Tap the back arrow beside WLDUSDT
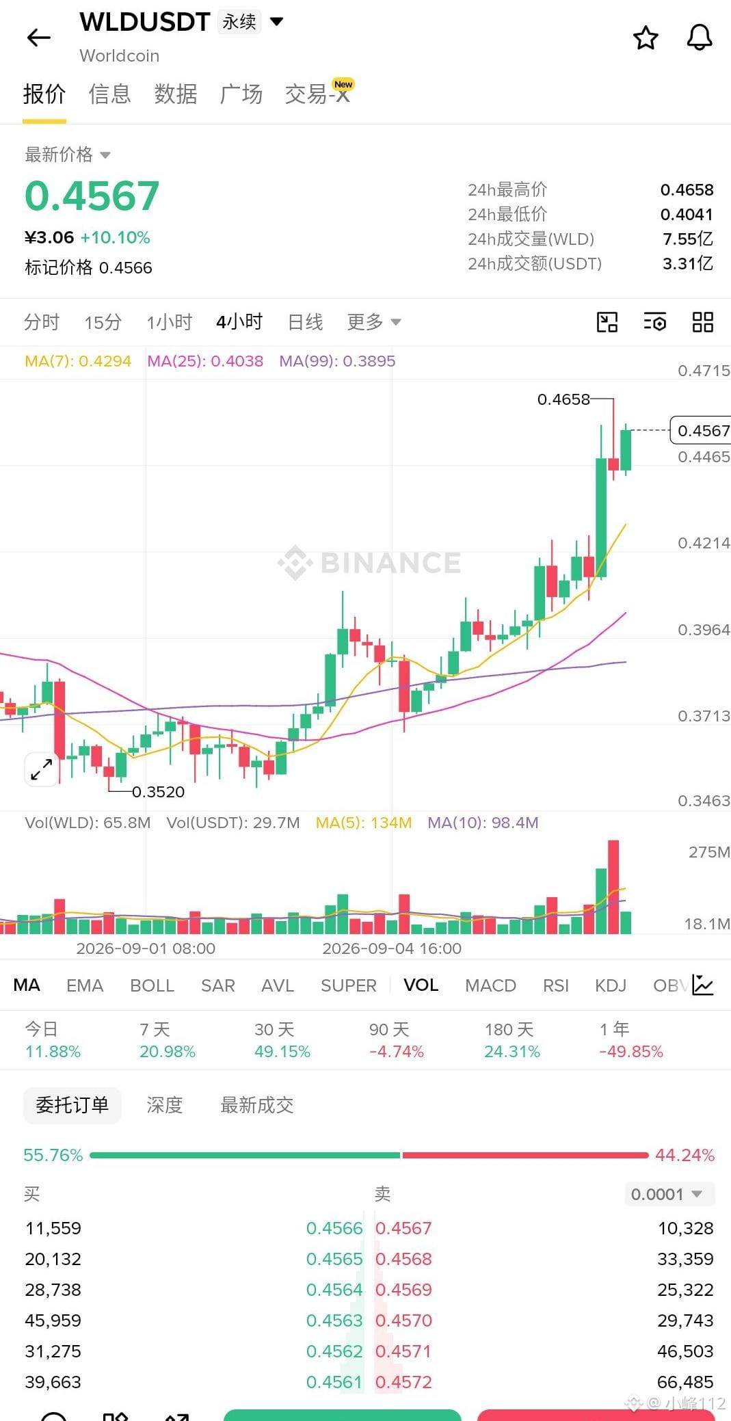[x=39, y=38]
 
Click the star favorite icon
[x=646, y=38]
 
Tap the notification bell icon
[x=700, y=38]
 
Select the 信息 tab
[x=109, y=94]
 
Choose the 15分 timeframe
[x=103, y=322]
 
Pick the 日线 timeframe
[x=305, y=322]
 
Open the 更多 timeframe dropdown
[x=374, y=322]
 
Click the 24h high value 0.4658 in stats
[x=687, y=189]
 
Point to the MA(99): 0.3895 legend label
[x=337, y=361]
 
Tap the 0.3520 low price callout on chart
[x=158, y=792]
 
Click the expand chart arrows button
[x=42, y=769]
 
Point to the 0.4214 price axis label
[x=704, y=543]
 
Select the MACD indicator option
[x=490, y=985]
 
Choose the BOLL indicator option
[x=152, y=985]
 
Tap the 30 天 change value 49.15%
[x=282, y=1052]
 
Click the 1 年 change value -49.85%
[x=631, y=1052]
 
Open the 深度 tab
[x=165, y=1105]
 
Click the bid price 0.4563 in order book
[x=334, y=1320]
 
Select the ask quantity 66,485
[x=685, y=1382]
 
